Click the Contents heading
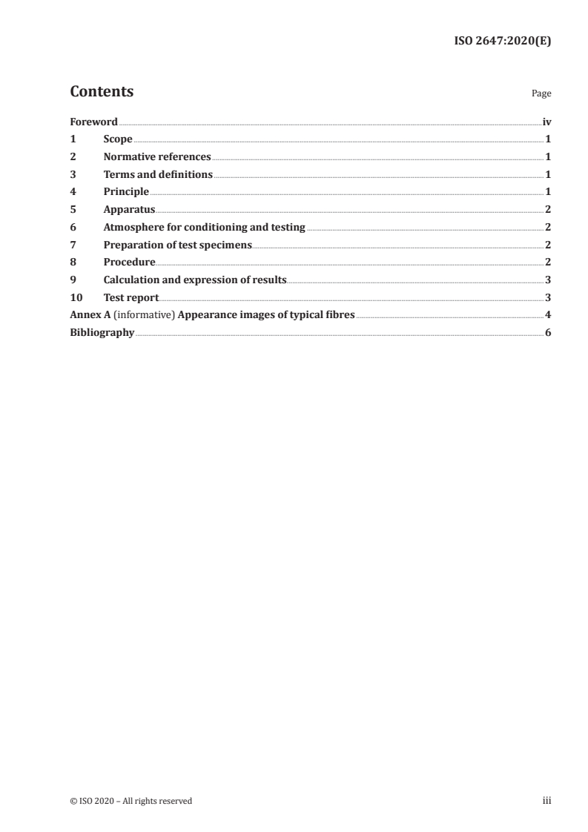pos(102,92)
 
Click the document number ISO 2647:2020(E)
pos(502,42)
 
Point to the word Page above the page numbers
pos(541,94)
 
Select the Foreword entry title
pos(93,122)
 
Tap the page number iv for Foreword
pos(546,122)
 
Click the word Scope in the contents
pos(118,139)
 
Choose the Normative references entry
pos(157,157)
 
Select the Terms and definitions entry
pos(158,175)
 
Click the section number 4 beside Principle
pos(73,192)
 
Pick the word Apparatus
pos(129,210)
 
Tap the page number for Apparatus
pos(548,210)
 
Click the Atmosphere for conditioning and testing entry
pos(204,228)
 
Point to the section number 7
pos(73,245)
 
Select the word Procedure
pos(129,263)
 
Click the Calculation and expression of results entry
pos(194,280)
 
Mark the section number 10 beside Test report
pos(75,297)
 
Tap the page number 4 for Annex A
pos(548,315)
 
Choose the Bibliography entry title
pos(102,333)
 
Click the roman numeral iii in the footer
pos(547,801)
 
